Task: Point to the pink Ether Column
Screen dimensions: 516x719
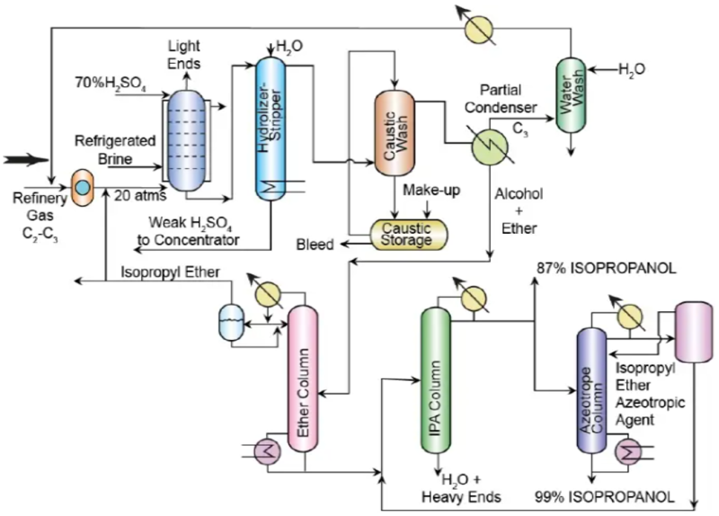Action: click(x=303, y=387)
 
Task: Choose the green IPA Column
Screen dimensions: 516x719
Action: click(x=436, y=387)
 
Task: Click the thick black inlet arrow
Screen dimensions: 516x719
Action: click(x=23, y=161)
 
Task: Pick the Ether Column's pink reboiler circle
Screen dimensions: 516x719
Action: click(x=268, y=454)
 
